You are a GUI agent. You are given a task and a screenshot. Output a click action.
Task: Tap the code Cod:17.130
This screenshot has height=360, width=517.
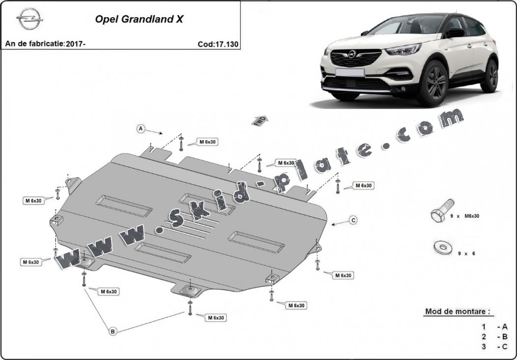click(218, 44)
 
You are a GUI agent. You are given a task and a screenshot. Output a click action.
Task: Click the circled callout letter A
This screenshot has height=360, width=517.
click(141, 129)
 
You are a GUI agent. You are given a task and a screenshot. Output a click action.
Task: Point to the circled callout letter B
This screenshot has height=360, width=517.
click(113, 332)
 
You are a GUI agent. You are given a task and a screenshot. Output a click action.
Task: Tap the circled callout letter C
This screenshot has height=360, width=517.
click(353, 220)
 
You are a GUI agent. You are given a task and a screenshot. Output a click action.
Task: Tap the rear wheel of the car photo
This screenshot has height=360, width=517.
click(489, 76)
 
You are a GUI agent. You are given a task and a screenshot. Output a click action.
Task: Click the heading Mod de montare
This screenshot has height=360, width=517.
click(457, 312)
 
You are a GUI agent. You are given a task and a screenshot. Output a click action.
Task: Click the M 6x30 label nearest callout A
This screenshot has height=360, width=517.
click(208, 142)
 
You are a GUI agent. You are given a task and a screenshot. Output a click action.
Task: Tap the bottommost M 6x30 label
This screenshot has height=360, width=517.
click(216, 318)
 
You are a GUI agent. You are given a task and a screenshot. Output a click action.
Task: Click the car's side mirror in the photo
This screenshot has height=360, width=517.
click(455, 32)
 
